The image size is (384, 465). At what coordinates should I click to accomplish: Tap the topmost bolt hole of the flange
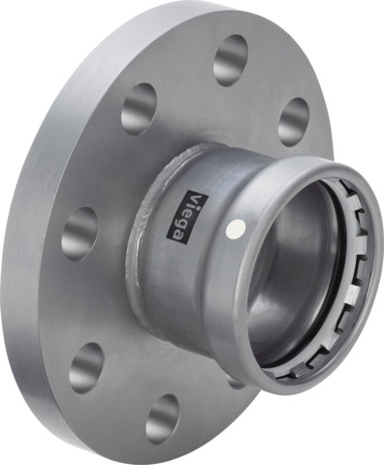click(230, 60)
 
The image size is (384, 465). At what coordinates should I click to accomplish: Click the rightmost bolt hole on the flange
click(293, 121)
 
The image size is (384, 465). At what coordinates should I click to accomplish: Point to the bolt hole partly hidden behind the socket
click(236, 381)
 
